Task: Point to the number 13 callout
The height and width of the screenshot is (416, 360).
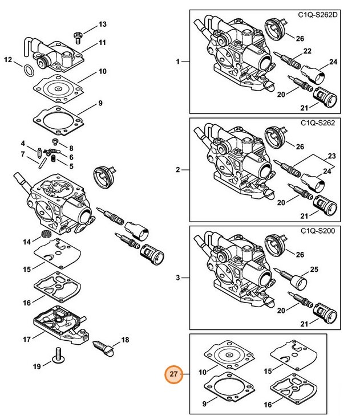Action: [x=102, y=24]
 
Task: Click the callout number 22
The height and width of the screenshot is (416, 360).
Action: [x=307, y=51]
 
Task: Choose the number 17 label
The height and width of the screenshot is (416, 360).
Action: [x=26, y=340]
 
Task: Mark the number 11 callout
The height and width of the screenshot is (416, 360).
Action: [x=102, y=43]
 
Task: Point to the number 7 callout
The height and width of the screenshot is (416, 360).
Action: [x=22, y=154]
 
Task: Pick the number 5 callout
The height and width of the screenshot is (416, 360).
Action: [x=71, y=166]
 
